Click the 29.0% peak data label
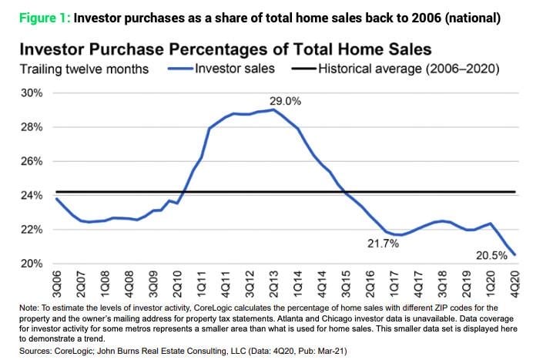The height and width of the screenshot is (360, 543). tap(283, 101)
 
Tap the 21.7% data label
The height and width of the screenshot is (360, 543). tap(381, 243)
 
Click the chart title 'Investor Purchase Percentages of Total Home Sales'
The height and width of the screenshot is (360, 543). tap(225, 49)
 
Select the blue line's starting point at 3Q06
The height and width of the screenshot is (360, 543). tap(56, 199)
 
